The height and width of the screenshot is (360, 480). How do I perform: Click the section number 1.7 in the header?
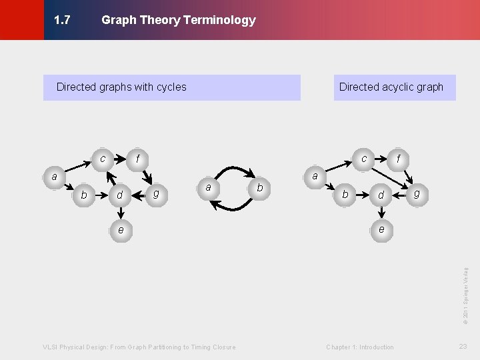(x=62, y=20)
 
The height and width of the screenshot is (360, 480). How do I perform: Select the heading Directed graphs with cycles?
(x=121, y=87)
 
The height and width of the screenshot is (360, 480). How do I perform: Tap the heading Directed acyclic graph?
(x=391, y=87)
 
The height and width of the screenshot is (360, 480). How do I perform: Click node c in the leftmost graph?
(x=103, y=159)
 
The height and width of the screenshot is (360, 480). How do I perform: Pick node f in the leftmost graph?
(x=137, y=159)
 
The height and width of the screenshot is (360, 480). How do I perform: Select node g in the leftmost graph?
(x=155, y=193)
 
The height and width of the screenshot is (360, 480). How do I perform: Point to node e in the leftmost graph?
(x=120, y=229)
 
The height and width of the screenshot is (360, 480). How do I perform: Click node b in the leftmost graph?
(x=84, y=195)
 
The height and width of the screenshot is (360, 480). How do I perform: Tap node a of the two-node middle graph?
(x=209, y=188)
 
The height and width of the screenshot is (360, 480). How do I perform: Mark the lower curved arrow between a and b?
(x=235, y=207)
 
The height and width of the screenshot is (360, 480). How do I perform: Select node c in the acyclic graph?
(x=363, y=159)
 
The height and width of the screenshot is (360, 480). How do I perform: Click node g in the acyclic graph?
(x=417, y=193)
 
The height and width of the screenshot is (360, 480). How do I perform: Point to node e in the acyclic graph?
(x=381, y=229)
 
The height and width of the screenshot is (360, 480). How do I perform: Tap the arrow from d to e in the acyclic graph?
(x=381, y=212)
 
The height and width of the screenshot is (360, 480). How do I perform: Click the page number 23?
(x=463, y=346)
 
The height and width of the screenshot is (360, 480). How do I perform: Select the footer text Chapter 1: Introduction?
(x=360, y=347)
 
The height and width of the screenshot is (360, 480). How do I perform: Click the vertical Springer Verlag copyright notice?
(x=465, y=291)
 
